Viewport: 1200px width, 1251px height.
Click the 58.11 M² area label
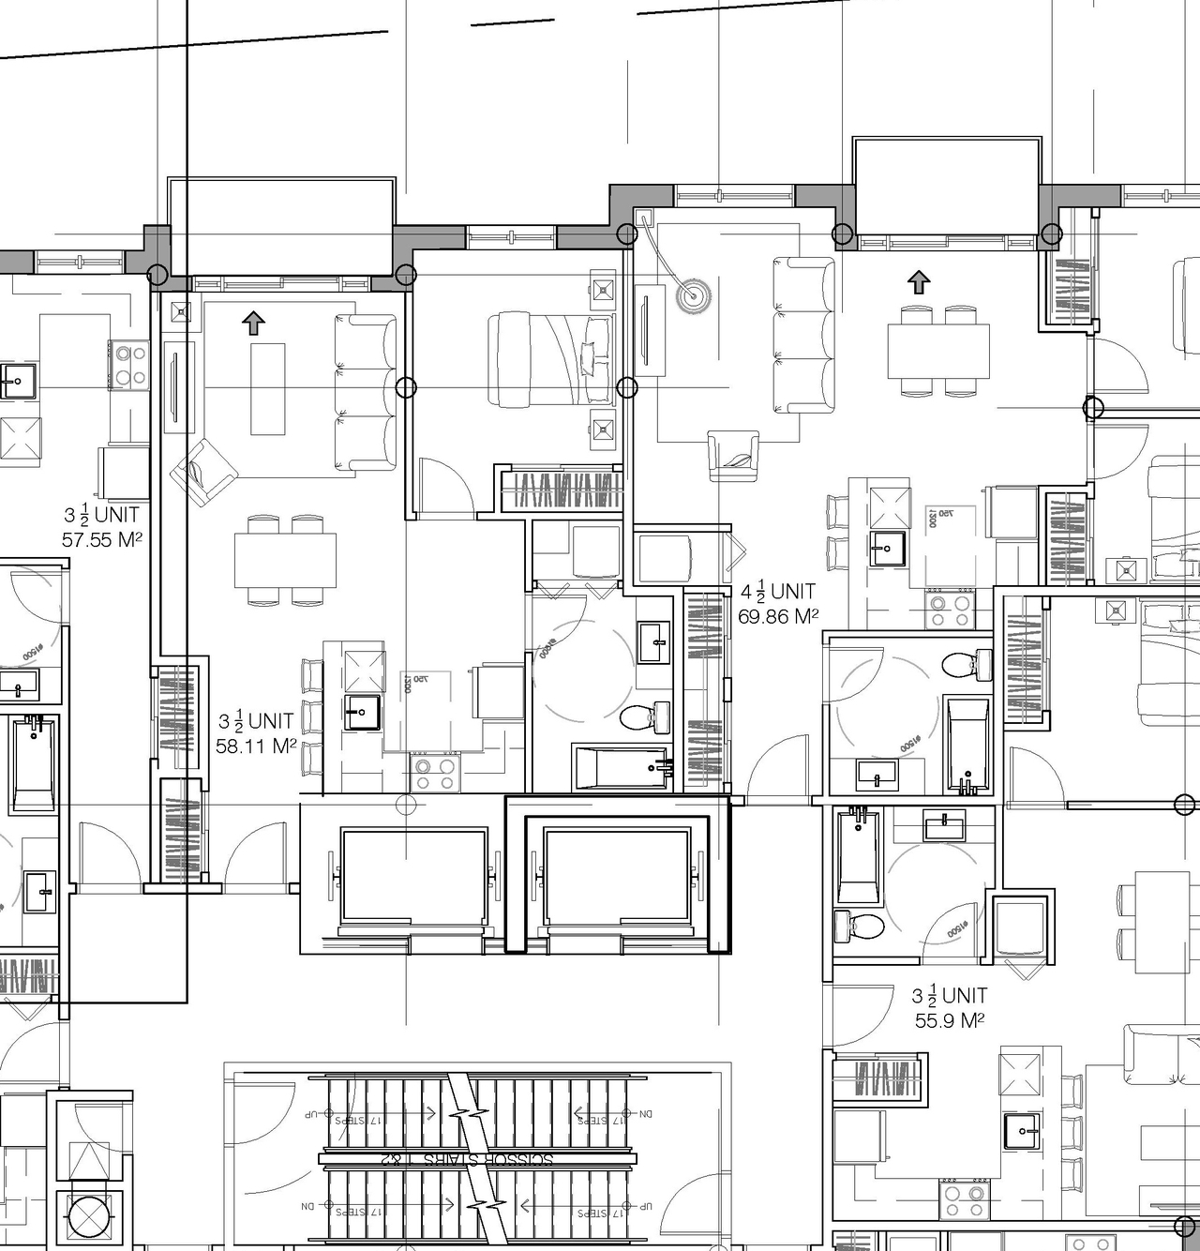pyautogui.click(x=256, y=746)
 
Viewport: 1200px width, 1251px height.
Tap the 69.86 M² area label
pyautogui.click(x=778, y=616)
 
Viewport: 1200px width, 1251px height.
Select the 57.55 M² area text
pyautogui.click(x=102, y=539)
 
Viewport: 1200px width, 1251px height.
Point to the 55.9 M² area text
pyautogui.click(x=950, y=1020)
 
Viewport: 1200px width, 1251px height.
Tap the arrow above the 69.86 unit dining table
pyautogui.click(x=919, y=281)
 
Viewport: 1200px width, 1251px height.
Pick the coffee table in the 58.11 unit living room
pyautogui.click(x=268, y=388)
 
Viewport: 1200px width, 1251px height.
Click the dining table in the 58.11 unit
pyautogui.click(x=285, y=560)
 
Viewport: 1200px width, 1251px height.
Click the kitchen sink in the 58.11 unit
pyautogui.click(x=361, y=713)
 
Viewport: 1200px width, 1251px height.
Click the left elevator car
pyautogui.click(x=413, y=876)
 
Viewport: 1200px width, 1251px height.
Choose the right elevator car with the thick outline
pyautogui.click(x=617, y=876)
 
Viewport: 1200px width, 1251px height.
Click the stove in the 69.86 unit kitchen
pyautogui.click(x=949, y=610)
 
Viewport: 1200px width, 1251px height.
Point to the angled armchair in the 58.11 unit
pyautogui.click(x=208, y=472)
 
